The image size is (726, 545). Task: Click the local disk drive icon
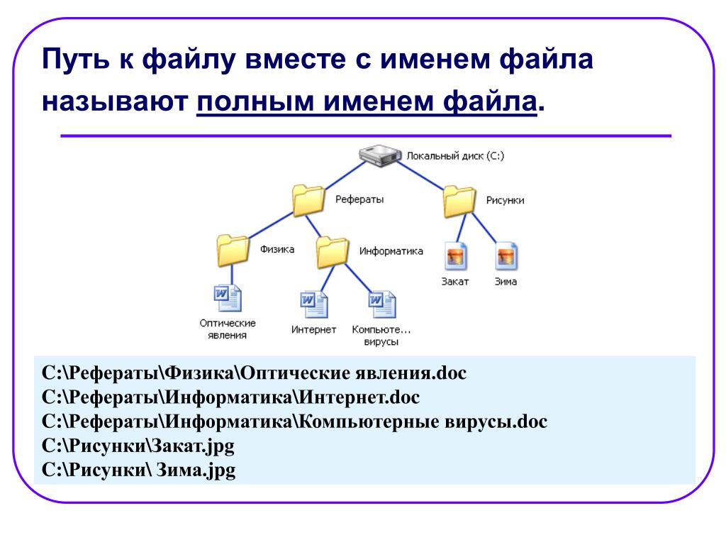380,155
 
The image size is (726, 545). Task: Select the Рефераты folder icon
308,200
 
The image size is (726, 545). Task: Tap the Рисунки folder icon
459,201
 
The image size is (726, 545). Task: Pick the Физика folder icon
233,251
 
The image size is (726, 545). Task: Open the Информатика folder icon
333,252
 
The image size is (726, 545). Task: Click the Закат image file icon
456,255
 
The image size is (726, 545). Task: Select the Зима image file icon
506,255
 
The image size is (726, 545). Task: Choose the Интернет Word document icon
314,304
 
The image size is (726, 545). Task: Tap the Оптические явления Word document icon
228,298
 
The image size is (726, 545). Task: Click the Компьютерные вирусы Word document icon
382,304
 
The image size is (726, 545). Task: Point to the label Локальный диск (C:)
455,155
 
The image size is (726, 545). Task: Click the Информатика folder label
391,251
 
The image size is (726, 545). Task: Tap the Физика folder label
277,249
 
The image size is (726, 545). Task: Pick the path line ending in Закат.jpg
138,446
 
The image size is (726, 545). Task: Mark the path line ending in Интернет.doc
230,397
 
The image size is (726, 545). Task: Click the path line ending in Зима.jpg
138,470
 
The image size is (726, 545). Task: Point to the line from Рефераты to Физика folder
271,225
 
